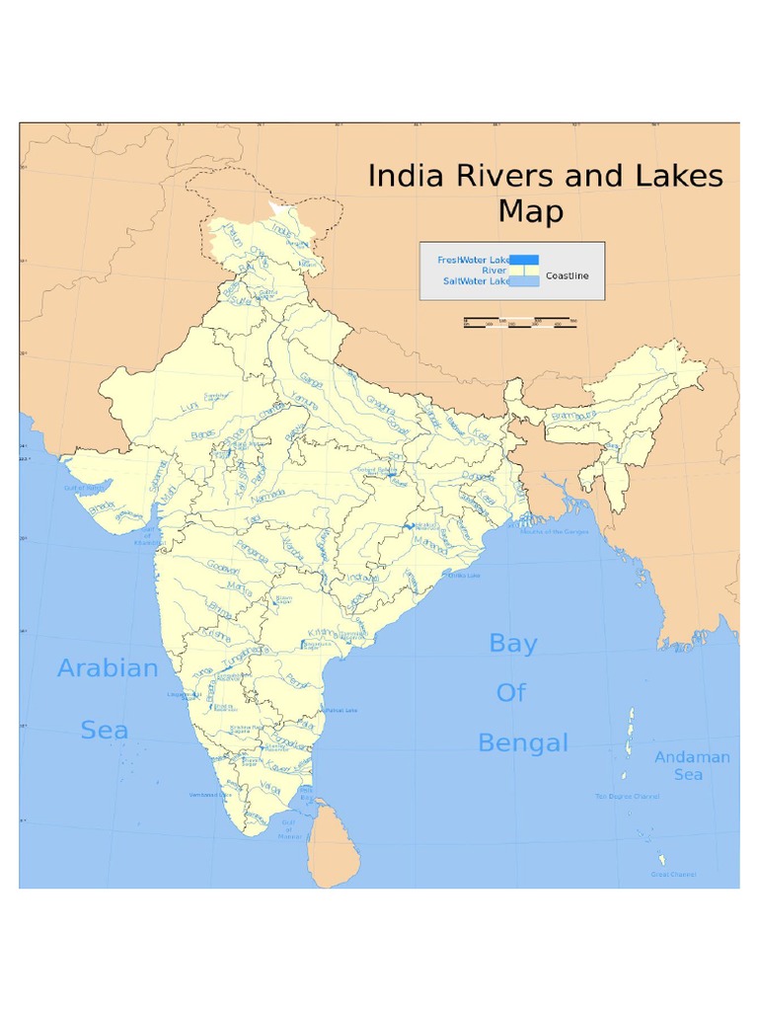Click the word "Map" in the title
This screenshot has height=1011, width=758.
point(530,212)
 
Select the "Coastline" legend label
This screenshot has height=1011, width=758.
point(567,275)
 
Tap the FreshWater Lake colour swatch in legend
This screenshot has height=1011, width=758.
point(524,260)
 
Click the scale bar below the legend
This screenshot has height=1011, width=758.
point(520,321)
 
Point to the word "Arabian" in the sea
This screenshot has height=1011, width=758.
point(108,668)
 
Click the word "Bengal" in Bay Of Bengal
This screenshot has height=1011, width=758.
point(523,742)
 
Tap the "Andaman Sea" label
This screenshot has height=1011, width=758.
point(692,765)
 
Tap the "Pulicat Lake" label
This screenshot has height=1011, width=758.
point(341,709)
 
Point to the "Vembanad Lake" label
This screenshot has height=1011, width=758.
point(211,794)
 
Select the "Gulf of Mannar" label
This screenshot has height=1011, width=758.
point(288,829)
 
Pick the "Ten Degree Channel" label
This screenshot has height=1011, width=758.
point(627,796)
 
